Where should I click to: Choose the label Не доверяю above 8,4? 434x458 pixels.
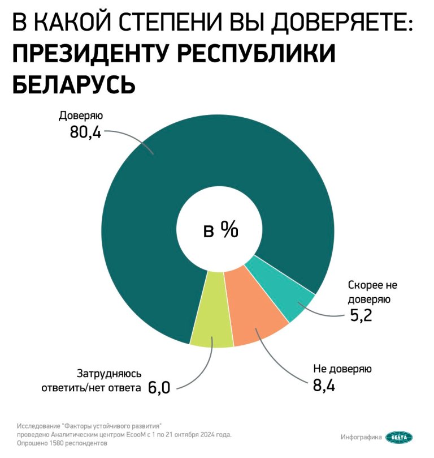point(342,370)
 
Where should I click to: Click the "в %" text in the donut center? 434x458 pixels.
point(221,231)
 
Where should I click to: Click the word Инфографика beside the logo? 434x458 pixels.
point(361,436)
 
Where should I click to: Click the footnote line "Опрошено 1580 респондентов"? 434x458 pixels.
point(62,443)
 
